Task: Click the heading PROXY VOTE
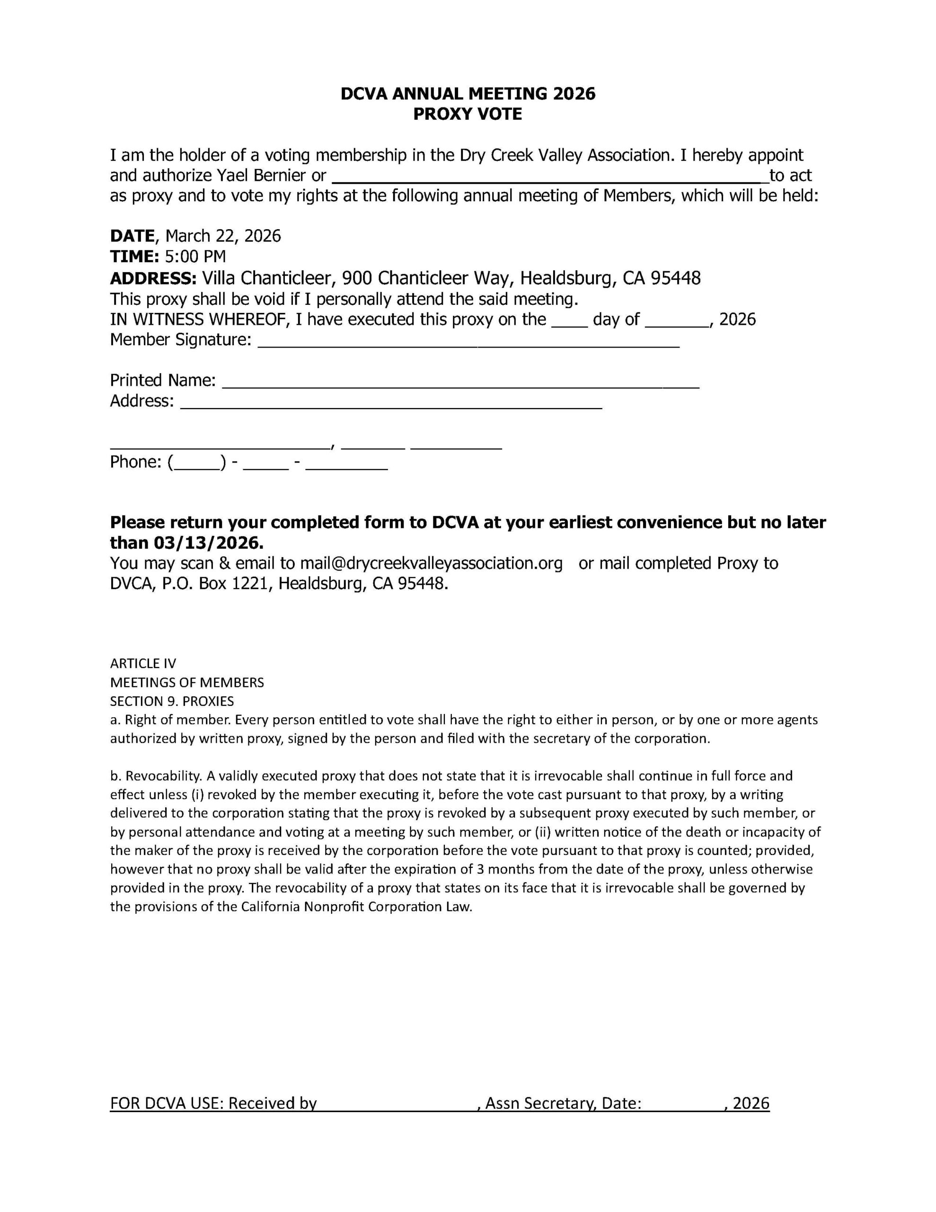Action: point(467,114)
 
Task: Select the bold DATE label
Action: point(132,236)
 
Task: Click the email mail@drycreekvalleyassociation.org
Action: point(431,563)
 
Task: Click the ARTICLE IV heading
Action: point(143,664)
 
